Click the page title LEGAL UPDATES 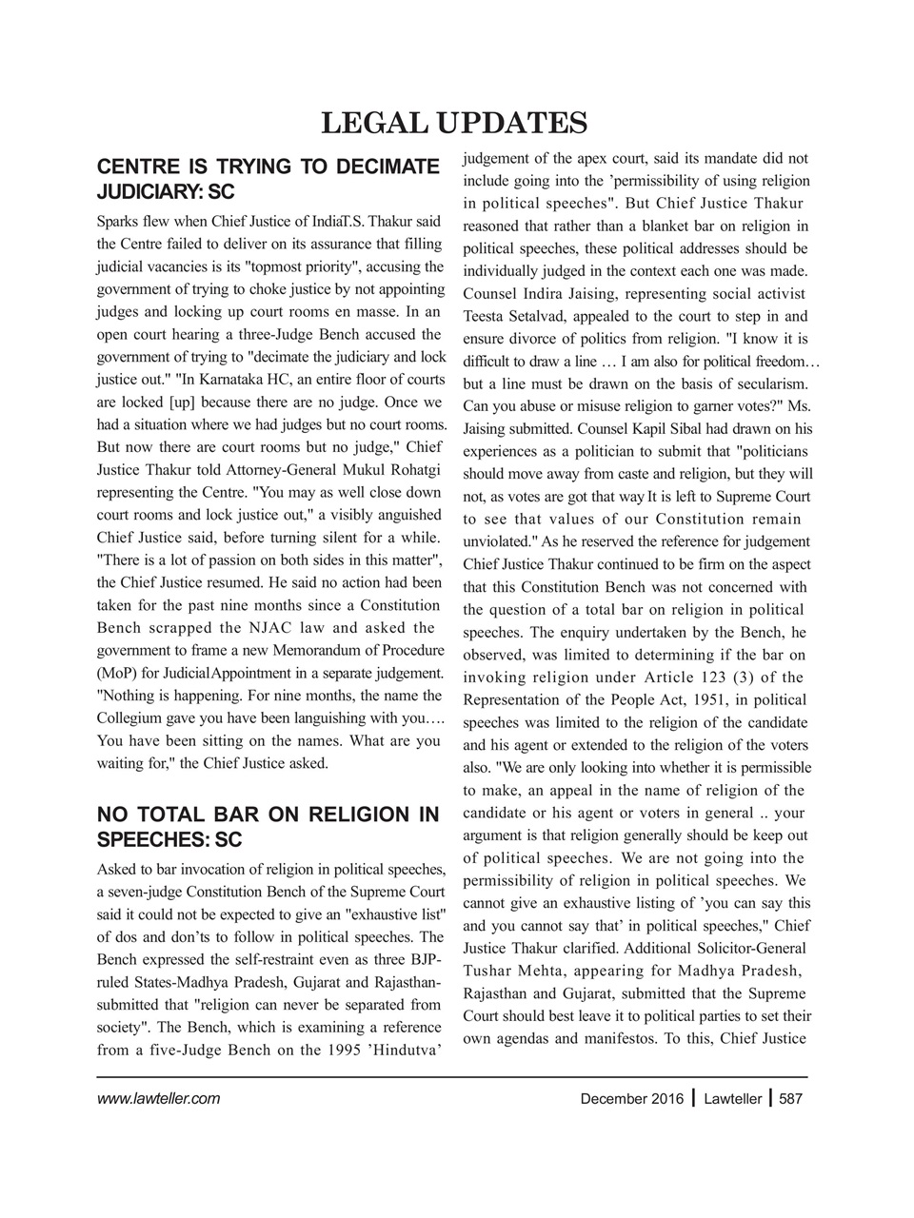(x=454, y=123)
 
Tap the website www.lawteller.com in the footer (x=159, y=1099)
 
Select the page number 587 (x=791, y=1099)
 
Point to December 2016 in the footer (x=631, y=1099)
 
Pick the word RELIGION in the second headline (x=325, y=815)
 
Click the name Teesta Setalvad (x=523, y=317)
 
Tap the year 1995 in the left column (x=338, y=1051)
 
